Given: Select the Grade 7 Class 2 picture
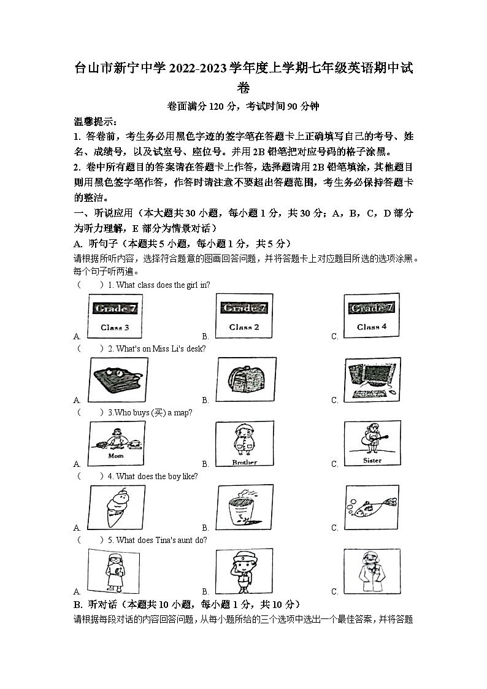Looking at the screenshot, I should point(243,316).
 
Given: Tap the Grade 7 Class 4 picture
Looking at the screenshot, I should point(372,316).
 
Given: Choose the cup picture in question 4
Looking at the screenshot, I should point(245,507).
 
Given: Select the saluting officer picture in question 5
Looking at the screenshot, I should point(245,571).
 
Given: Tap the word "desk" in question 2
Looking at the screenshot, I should point(196,348).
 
